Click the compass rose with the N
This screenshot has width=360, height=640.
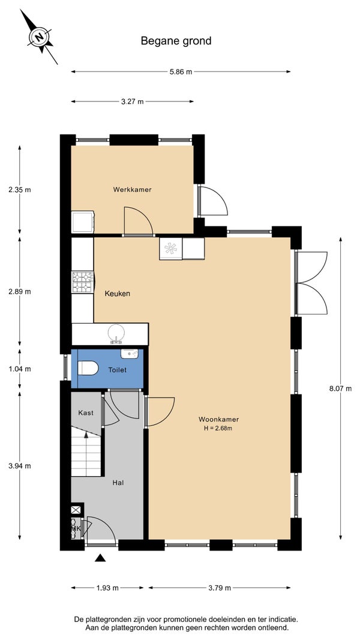pyautogui.click(x=39, y=37)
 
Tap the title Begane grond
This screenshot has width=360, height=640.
pyautogui.click(x=176, y=41)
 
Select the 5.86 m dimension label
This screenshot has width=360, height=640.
pyautogui.click(x=181, y=72)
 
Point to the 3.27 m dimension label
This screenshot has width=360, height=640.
pyautogui.click(x=133, y=101)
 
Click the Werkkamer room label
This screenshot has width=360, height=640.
pyautogui.click(x=133, y=189)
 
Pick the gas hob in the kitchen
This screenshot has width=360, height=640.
pyautogui.click(x=83, y=282)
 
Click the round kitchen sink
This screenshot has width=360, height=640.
pyautogui.click(x=116, y=333)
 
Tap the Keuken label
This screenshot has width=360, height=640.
pyautogui.click(x=118, y=294)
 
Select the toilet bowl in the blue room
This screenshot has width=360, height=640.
pyautogui.click(x=88, y=368)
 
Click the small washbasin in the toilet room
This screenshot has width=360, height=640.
pyautogui.click(x=130, y=354)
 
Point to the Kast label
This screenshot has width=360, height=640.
pyautogui.click(x=86, y=412)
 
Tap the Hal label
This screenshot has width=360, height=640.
pyautogui.click(x=118, y=483)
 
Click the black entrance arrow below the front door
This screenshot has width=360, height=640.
pyautogui.click(x=100, y=558)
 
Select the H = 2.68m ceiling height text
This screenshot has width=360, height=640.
pyautogui.click(x=218, y=428)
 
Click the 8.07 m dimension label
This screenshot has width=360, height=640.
pyautogui.click(x=340, y=388)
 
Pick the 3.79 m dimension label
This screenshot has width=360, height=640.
pyautogui.click(x=220, y=588)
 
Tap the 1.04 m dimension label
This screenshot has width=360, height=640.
pyautogui.click(x=20, y=369)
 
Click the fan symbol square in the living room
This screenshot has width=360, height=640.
pyautogui.click(x=171, y=249)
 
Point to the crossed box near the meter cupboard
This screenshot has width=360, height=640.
pyautogui.click(x=76, y=509)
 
